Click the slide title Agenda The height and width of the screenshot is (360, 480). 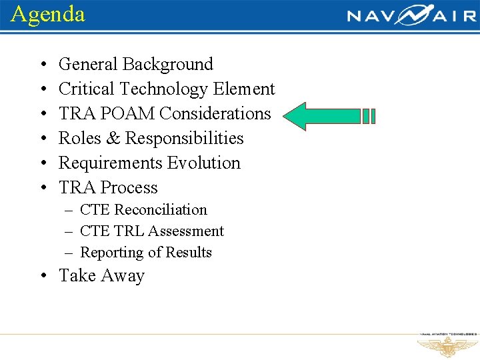pos(48,14)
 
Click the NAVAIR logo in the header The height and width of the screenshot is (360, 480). pos(411,15)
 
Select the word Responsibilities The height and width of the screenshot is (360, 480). pos(185,139)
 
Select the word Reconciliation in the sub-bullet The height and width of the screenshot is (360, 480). pos(161,210)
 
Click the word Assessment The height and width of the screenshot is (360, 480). pos(186,231)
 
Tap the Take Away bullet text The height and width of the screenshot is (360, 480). pos(101,276)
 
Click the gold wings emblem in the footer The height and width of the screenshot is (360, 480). pos(447,347)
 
